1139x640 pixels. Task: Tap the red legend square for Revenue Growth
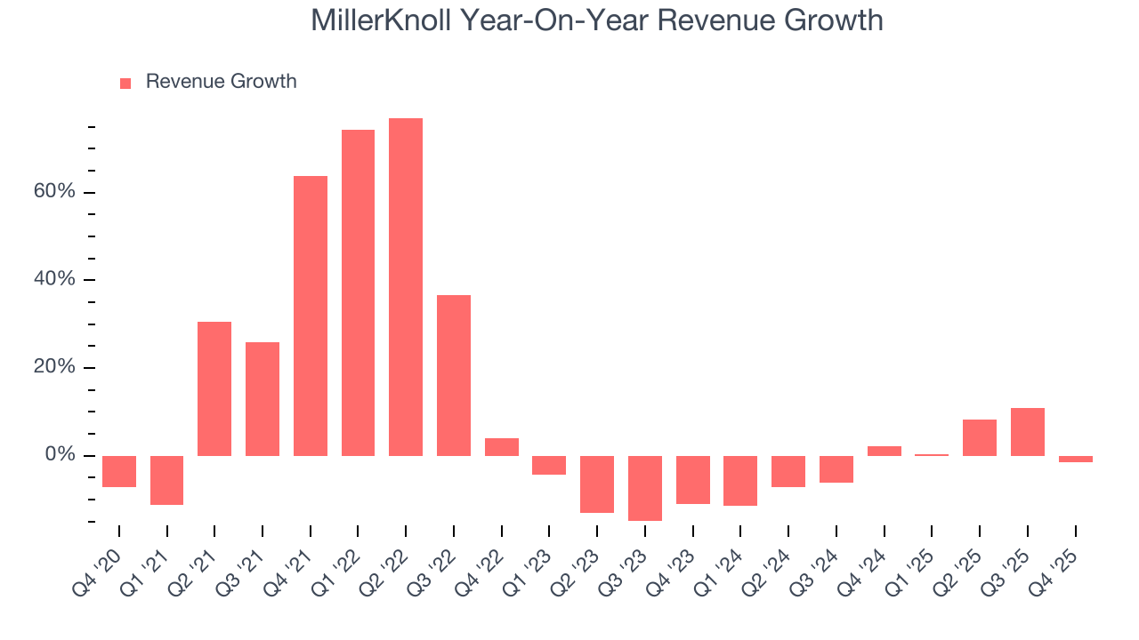coord(125,83)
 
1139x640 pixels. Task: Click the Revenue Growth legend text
coord(221,82)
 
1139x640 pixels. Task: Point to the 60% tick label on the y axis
coord(53,193)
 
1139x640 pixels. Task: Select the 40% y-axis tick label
coord(53,280)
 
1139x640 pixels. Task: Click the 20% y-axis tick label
coord(53,368)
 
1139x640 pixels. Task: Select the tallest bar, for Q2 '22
coord(406,286)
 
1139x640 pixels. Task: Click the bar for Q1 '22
coord(358,292)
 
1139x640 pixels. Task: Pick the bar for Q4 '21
coord(311,316)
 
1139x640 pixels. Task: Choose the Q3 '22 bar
coord(454,375)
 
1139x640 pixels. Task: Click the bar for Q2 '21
coord(214,388)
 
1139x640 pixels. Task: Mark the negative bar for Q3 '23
coord(645,488)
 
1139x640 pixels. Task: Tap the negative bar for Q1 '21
coord(166,480)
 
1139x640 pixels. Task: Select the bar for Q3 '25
coord(1028,432)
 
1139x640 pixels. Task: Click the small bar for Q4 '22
coord(502,447)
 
